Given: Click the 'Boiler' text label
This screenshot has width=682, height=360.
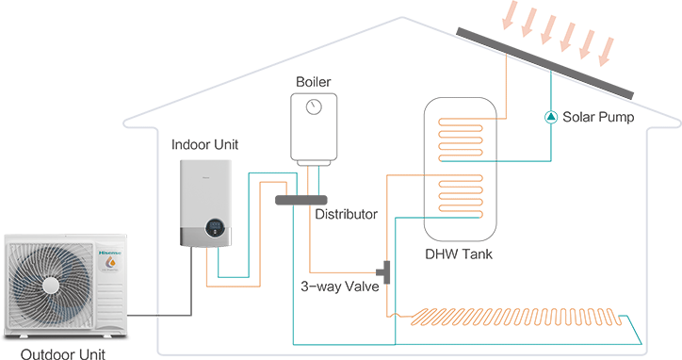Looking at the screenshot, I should tap(315, 82).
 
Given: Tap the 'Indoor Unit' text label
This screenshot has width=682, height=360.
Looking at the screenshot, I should tap(204, 144).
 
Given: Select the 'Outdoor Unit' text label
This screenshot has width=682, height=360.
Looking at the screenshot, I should tap(63, 353).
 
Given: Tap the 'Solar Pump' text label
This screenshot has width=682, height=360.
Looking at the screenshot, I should tap(598, 118).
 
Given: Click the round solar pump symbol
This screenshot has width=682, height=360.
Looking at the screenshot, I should tap(550, 118).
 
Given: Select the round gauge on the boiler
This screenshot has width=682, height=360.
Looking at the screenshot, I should tap(315, 106).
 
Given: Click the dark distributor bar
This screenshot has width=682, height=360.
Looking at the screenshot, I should tap(300, 200).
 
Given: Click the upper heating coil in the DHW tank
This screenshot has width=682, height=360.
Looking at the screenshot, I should tap(462, 139).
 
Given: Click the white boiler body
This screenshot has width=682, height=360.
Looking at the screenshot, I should tap(315, 127).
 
